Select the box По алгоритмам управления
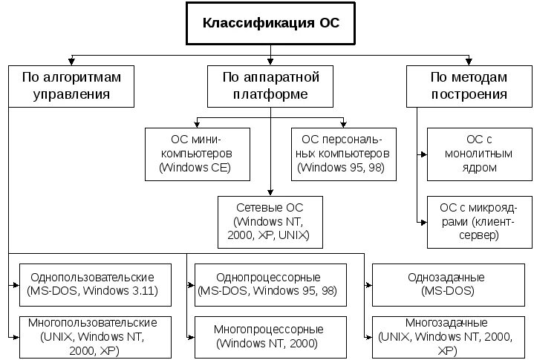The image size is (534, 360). (71, 85)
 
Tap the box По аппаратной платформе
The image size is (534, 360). (270, 85)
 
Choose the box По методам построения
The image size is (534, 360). (469, 85)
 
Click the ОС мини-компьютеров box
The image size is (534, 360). (195, 154)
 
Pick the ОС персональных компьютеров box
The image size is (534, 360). (344, 154)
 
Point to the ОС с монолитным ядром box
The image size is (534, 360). (479, 154)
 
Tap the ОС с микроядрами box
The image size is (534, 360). (479, 221)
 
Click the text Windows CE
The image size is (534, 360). (195, 168)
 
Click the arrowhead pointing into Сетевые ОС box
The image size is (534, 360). (270, 192)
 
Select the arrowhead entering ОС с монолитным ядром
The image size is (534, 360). (424, 154)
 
